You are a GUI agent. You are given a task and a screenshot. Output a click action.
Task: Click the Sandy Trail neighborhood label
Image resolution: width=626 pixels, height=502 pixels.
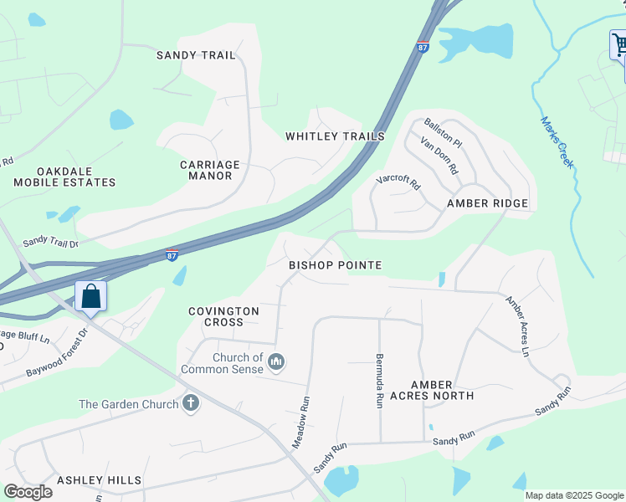[196, 55]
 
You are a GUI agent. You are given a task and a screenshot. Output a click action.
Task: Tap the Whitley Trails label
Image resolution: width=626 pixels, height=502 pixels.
[335, 136]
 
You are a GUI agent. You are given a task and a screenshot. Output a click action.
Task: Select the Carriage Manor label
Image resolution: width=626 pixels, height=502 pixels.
[210, 171]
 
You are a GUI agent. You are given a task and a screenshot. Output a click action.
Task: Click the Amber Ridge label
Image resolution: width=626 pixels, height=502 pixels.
[487, 203]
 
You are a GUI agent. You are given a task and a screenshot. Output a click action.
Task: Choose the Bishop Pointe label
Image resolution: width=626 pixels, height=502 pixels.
[335, 265]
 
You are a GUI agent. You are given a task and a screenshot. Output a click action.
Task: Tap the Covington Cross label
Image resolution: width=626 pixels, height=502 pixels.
[223, 316]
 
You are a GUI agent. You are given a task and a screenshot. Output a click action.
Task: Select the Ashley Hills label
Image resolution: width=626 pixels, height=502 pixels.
[99, 480]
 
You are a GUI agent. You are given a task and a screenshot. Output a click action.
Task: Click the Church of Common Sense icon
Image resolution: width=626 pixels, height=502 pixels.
[277, 362]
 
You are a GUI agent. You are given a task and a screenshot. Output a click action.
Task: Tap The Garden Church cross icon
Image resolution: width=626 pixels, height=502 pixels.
[191, 404]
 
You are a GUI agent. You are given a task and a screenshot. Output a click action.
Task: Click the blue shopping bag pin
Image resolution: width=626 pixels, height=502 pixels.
[90, 296]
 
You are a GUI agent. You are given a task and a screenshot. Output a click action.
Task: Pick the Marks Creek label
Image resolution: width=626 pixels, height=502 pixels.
[557, 142]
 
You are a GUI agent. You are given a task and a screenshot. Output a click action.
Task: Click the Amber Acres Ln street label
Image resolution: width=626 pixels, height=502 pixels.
[517, 326]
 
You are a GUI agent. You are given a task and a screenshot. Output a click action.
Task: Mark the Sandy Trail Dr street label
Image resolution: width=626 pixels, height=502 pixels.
[50, 241]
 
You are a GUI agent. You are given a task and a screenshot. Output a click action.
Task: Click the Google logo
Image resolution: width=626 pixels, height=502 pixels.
[28, 492]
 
